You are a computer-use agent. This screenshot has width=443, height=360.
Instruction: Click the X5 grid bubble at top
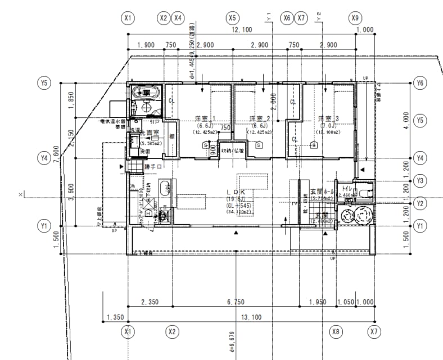click(232, 18)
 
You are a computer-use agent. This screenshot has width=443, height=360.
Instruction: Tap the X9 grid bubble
click(355, 18)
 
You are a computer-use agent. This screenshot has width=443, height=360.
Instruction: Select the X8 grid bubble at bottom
click(336, 332)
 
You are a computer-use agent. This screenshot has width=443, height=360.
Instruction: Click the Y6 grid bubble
click(419, 83)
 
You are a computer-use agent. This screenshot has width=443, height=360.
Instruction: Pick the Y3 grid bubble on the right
click(419, 180)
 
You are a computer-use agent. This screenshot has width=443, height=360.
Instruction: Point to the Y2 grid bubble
click(419, 202)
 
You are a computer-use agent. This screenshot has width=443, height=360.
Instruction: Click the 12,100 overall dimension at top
click(242, 29)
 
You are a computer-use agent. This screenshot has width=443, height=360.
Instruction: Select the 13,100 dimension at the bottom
click(251, 317)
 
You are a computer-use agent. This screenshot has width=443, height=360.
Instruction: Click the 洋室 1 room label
click(205, 119)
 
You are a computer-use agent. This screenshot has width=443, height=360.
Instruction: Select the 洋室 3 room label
click(328, 119)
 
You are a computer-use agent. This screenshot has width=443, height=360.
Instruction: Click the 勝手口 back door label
click(152, 167)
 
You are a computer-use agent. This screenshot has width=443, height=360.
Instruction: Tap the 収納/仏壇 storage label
click(233, 150)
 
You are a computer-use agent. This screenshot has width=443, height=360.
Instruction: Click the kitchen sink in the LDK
click(163, 188)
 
